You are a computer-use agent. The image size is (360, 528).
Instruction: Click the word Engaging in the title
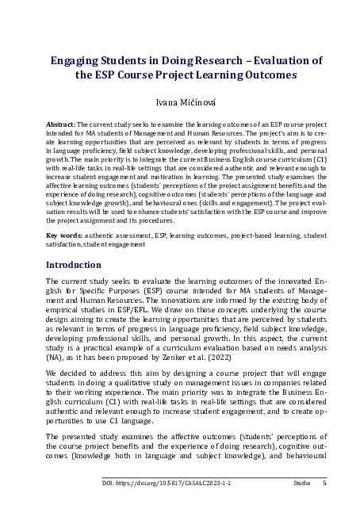[77, 60]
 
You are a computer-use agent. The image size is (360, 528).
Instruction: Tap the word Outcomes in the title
[263, 76]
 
